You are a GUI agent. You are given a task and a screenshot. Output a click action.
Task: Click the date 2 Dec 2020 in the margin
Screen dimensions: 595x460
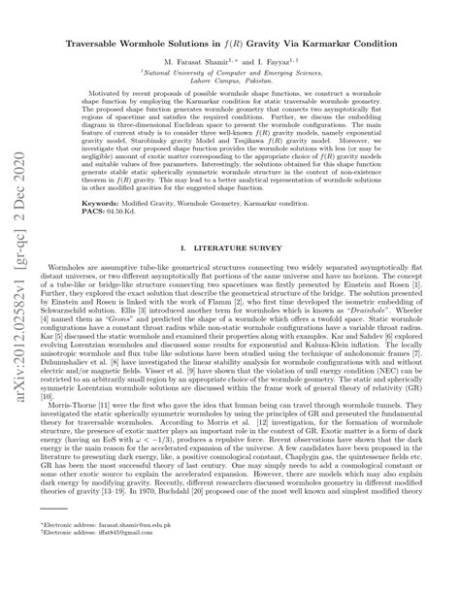point(18,194)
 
